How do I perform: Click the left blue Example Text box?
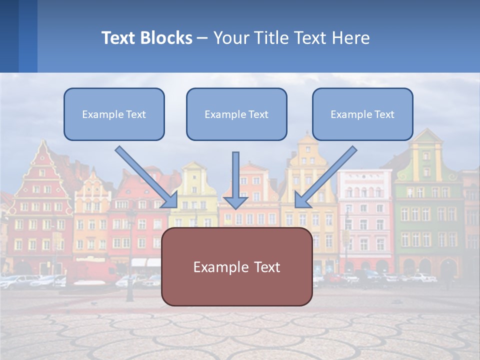click(114, 114)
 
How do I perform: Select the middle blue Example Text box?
click(236, 114)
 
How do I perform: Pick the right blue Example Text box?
click(362, 114)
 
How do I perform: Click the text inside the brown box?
click(236, 267)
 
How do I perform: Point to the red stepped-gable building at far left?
click(40, 210)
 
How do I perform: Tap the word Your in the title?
click(230, 38)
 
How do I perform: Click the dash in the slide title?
click(202, 38)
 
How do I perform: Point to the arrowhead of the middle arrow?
click(235, 202)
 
